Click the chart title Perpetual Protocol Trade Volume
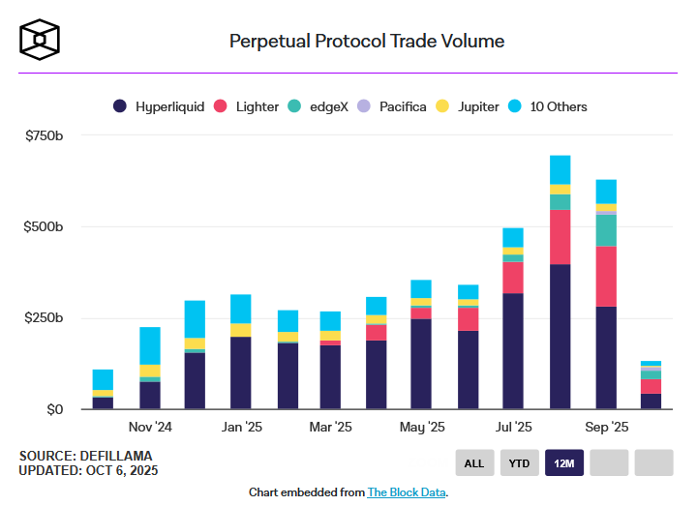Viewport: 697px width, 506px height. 366,42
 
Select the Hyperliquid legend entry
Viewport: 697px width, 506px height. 159,106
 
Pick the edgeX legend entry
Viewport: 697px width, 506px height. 318,106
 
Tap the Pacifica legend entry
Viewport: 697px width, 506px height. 392,106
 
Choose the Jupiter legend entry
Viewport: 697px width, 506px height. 471,106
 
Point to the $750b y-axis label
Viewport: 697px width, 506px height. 44,135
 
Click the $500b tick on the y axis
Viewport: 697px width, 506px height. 44,227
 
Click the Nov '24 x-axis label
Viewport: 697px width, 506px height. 149,427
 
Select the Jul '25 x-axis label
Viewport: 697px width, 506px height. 514,427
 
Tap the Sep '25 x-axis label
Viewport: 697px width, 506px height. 606,427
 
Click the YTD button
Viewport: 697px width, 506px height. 520,462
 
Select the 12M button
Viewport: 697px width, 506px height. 564,462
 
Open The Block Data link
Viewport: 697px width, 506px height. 407,492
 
